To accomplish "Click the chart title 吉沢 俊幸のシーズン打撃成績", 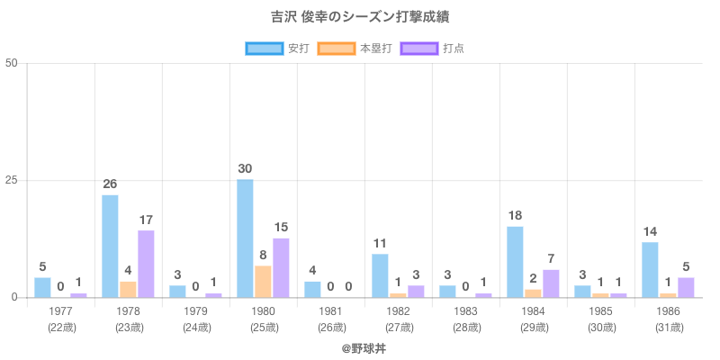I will [x=360, y=16].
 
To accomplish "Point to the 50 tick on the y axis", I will [x=11, y=63].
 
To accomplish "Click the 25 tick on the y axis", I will [x=11, y=180].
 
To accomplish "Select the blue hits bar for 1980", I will [x=245, y=238].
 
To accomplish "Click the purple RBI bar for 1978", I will [x=146, y=264].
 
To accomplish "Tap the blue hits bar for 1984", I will [x=515, y=262].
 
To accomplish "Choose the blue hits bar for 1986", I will [x=650, y=270].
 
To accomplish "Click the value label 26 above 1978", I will [x=110, y=184].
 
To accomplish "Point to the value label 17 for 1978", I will [x=146, y=220].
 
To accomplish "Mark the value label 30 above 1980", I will [x=245, y=168].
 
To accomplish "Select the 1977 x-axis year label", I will [x=61, y=310].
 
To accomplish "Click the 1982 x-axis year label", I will [x=399, y=310].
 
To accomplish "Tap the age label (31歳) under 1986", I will [x=669, y=327].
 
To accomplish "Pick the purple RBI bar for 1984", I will [x=551, y=283].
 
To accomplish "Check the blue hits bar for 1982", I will [x=380, y=275].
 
